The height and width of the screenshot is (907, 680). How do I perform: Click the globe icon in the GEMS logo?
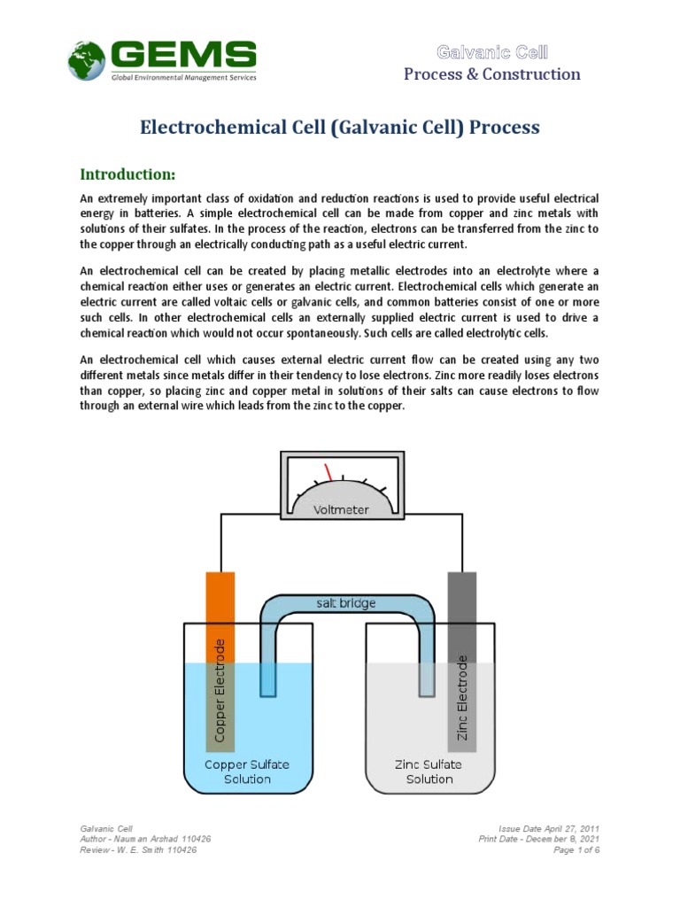[87, 60]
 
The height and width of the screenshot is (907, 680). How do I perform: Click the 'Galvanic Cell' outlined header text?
[492, 52]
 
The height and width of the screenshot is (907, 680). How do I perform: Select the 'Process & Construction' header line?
[492, 74]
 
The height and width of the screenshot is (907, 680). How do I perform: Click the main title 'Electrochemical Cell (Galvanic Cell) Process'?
[340, 128]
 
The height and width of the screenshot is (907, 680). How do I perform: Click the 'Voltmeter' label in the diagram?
[340, 509]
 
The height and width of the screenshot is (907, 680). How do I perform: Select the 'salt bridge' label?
[346, 603]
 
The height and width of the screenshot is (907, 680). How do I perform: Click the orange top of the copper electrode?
[220, 598]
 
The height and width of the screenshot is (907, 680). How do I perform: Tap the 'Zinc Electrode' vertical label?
[461, 698]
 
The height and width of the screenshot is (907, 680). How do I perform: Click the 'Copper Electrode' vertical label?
[220, 690]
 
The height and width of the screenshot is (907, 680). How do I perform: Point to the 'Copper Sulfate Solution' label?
[247, 771]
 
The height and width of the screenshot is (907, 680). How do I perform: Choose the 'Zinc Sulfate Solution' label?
[429, 771]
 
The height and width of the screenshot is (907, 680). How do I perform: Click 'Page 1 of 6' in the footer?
[576, 850]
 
